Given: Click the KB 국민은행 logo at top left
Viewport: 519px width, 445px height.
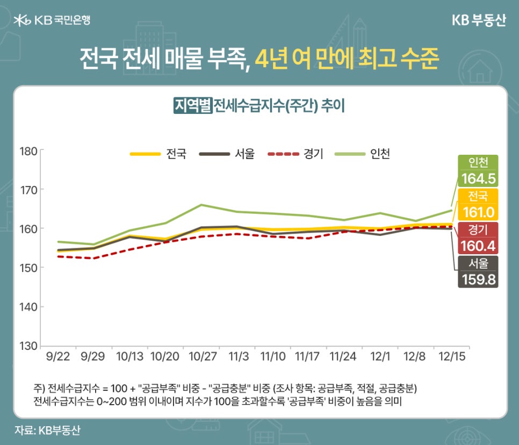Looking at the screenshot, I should coord(52,20).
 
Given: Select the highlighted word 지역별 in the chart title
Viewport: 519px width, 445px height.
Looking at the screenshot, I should coord(192,105).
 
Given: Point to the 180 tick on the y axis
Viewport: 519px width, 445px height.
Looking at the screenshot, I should coord(28,150).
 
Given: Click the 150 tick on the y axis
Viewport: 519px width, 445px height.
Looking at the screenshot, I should coord(28,268).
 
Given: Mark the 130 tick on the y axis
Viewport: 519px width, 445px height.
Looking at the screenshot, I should coord(28,346).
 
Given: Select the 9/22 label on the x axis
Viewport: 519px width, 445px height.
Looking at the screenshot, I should coord(58,356).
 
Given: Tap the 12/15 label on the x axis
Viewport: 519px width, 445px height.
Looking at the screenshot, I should coord(451,356).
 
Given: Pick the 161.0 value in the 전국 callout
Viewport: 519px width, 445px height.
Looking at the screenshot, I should coord(478,212).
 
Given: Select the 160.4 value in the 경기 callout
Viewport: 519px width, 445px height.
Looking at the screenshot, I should coord(478,246).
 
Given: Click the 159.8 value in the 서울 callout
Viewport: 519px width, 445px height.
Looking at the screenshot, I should coord(478,279).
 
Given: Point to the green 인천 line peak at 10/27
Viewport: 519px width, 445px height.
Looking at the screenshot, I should coord(200,205).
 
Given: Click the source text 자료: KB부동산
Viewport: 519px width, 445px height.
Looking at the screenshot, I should coord(48,430).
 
